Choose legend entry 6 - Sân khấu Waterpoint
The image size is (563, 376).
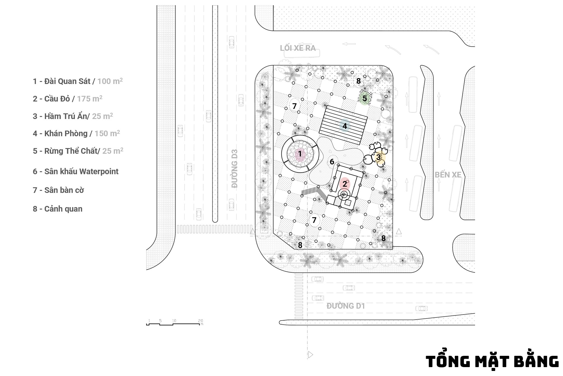click(x=75, y=171)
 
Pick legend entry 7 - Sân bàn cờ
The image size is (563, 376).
click(x=58, y=190)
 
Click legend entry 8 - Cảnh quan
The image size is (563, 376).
click(x=58, y=209)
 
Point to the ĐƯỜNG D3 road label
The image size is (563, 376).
click(x=235, y=169)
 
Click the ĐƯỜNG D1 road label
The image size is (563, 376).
click(x=346, y=306)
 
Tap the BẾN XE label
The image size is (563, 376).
click(x=448, y=174)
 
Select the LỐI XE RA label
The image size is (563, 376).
click(x=298, y=48)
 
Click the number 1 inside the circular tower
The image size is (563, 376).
click(x=300, y=154)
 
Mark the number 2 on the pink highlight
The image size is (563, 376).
click(x=345, y=184)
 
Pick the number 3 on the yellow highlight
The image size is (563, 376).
click(x=378, y=157)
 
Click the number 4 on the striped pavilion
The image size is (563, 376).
click(x=345, y=126)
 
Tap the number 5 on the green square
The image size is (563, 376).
click(x=365, y=98)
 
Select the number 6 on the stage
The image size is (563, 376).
click(x=332, y=162)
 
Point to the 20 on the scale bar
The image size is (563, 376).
click(x=201, y=321)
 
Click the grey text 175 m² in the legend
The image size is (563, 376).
click(x=90, y=98)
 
